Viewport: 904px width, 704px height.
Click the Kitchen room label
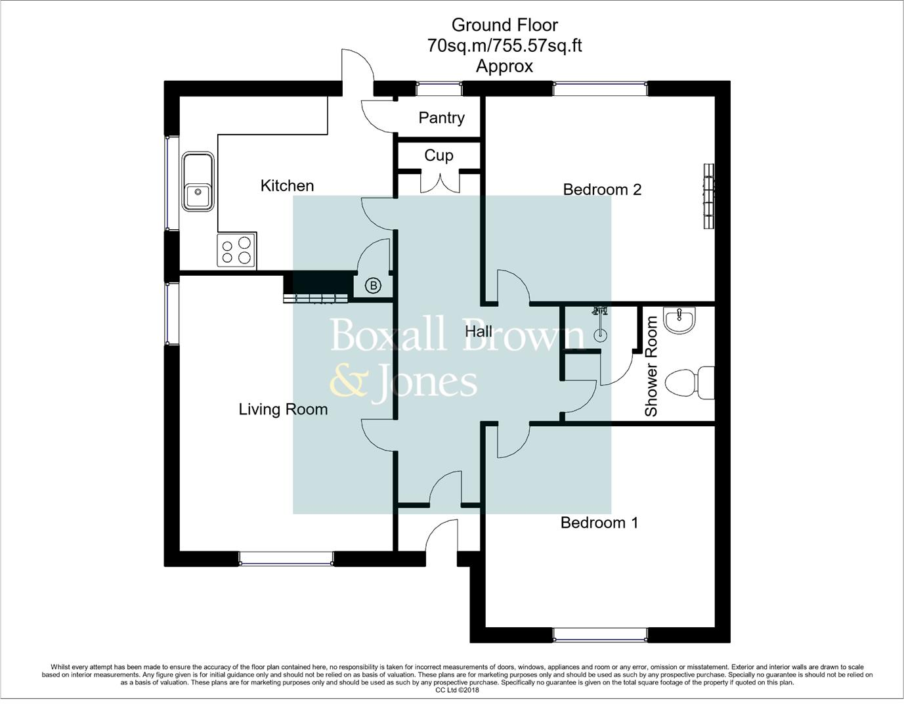click(287, 186)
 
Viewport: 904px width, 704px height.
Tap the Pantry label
click(441, 118)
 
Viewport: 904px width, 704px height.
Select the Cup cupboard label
click(439, 156)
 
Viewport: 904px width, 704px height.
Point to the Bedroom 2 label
click(602, 190)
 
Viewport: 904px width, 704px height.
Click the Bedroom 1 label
click(599, 523)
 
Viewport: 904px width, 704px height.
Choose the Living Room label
click(283, 410)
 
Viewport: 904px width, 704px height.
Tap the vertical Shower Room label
click(651, 366)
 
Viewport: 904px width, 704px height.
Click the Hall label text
click(479, 331)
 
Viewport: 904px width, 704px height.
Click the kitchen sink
click(198, 182)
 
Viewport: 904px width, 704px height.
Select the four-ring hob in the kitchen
click(236, 250)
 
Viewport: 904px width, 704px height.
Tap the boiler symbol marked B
click(373, 286)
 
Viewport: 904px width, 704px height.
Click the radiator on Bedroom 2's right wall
click(708, 196)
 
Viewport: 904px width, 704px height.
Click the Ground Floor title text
click(504, 25)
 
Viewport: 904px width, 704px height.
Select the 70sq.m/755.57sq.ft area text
click(504, 45)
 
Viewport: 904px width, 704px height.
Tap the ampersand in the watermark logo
click(347, 382)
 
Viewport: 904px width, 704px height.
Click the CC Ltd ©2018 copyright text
click(458, 690)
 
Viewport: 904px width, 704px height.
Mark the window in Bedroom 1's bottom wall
click(600, 635)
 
